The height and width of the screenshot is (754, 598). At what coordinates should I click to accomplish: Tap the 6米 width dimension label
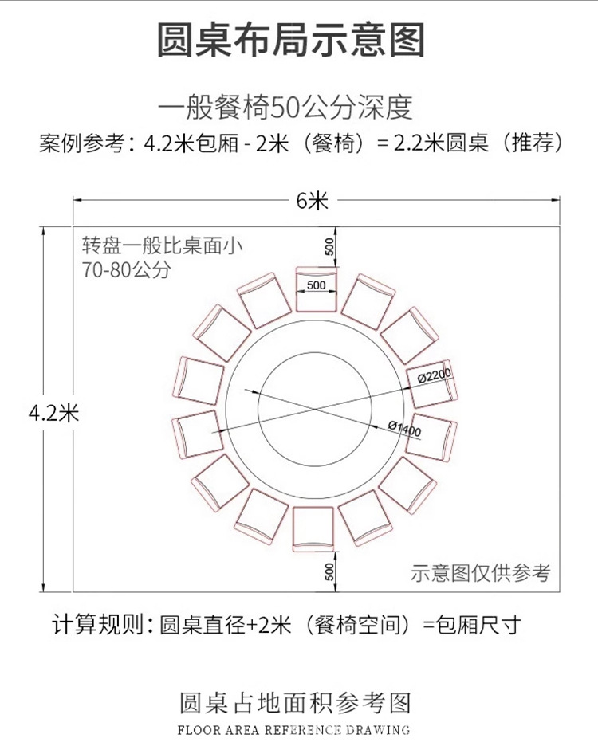click(313, 201)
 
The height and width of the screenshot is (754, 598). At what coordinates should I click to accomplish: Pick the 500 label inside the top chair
click(317, 285)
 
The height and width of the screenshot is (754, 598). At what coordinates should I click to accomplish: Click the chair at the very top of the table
click(317, 289)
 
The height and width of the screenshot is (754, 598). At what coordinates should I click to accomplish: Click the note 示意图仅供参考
click(481, 571)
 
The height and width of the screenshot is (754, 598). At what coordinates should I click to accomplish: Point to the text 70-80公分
click(127, 269)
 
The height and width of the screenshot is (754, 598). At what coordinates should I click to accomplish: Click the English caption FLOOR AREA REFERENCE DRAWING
click(293, 729)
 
